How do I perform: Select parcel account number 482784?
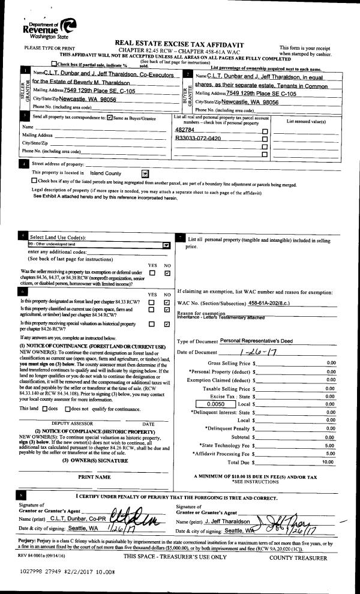coord(185,130)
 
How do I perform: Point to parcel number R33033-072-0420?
coord(198,138)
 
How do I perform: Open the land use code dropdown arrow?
coord(166,245)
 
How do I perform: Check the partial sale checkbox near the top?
coord(55,64)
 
